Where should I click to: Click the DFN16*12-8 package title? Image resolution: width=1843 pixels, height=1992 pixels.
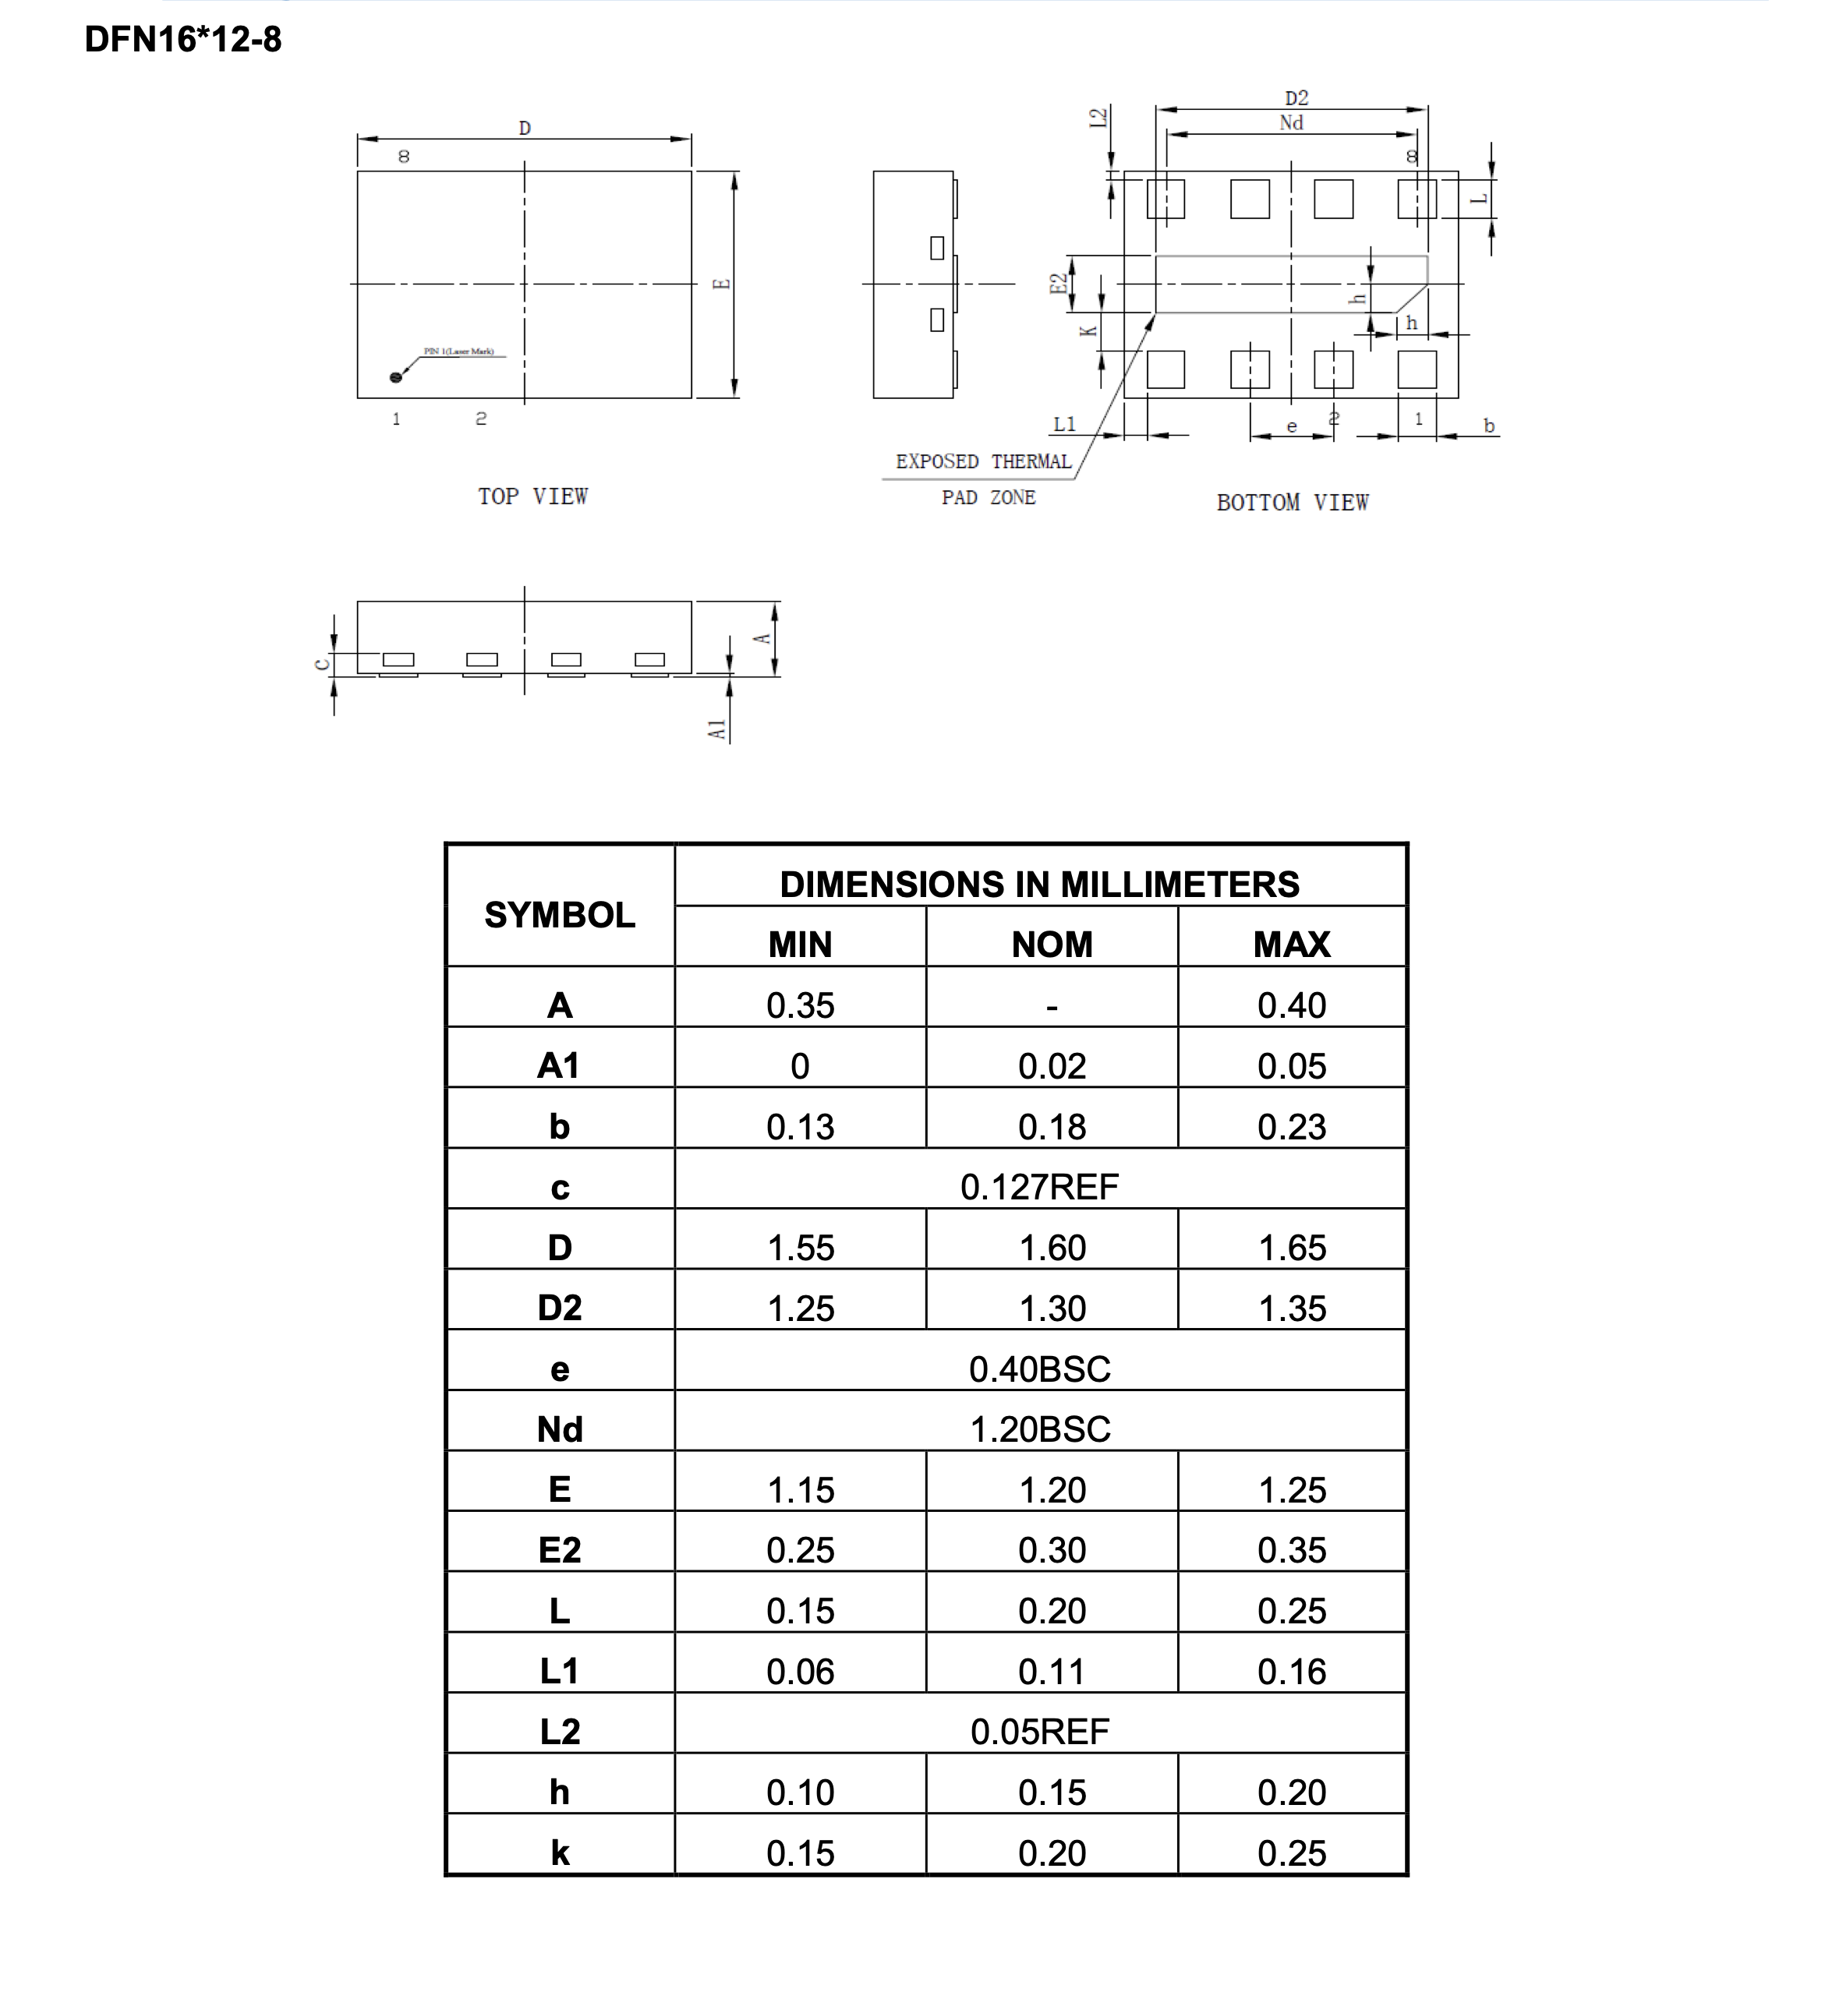coord(182,40)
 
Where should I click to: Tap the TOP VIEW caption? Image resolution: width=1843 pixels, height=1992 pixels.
coord(532,496)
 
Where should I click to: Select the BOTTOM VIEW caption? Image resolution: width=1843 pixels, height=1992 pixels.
coord(1292,503)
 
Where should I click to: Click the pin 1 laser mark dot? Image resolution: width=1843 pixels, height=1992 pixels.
coord(396,377)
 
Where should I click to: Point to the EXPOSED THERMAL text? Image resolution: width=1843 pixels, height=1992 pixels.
coord(982,461)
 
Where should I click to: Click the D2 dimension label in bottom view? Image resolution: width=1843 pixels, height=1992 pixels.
coord(1296,97)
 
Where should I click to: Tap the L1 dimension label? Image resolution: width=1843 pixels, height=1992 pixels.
coord(1064,425)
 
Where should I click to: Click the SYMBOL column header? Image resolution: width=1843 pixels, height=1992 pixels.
coord(560,914)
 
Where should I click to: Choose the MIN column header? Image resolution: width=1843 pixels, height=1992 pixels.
coord(800,944)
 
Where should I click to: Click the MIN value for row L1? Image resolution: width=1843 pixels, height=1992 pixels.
coord(800,1672)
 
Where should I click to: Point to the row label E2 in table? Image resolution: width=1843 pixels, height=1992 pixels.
coord(560,1550)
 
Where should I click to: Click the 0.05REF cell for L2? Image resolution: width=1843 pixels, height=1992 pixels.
coord(1039,1732)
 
